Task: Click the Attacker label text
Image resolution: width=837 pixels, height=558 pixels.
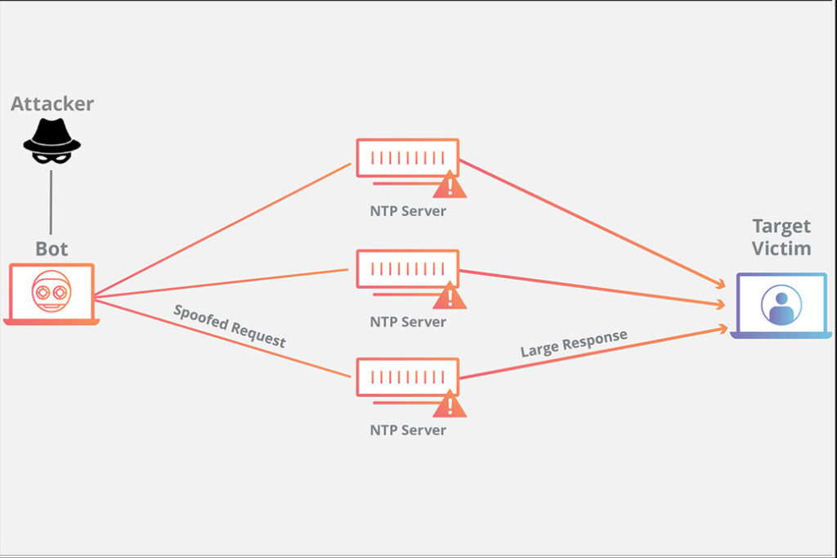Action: point(52,104)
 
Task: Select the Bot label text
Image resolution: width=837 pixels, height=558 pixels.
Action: point(51,248)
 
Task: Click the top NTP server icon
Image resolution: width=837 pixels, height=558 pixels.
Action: point(407,157)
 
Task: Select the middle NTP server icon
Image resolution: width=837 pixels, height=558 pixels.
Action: point(407,268)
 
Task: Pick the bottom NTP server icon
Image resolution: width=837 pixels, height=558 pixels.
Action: point(407,376)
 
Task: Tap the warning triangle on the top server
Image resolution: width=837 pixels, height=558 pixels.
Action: point(449,186)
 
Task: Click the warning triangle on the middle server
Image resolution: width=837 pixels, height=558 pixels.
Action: point(449,296)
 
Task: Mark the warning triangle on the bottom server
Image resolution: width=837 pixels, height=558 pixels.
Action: point(449,404)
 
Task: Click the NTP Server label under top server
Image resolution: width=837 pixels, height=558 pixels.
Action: point(408,211)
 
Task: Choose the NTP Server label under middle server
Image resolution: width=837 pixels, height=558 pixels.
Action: point(408,322)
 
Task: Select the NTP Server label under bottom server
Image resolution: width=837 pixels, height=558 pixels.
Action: point(408,430)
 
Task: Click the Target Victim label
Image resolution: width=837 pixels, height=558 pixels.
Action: point(781,237)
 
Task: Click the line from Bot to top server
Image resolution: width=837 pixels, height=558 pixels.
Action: point(221,229)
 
